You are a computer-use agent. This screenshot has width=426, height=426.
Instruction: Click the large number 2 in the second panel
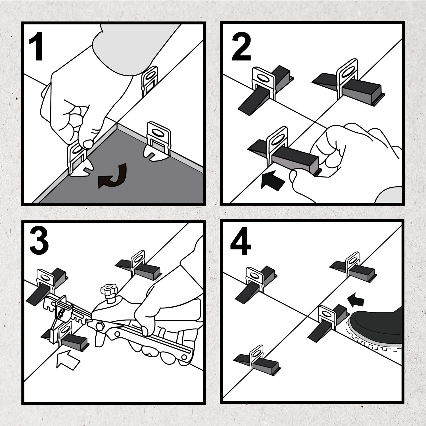click(x=241, y=47)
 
